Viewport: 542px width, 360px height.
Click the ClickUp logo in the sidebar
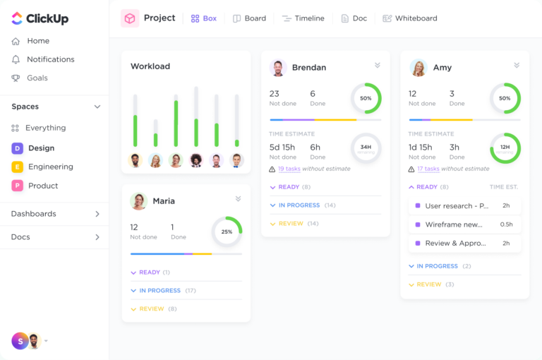pyautogui.click(x=40, y=18)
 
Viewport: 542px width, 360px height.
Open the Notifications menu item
pyautogui.click(x=50, y=59)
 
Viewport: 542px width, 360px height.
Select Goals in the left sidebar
pyautogui.click(x=37, y=78)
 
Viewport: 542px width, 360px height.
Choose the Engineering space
pyautogui.click(x=50, y=167)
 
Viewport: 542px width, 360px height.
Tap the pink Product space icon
pyautogui.click(x=17, y=186)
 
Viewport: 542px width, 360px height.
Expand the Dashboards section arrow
pyautogui.click(x=97, y=214)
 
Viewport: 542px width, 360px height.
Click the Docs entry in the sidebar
pyautogui.click(x=21, y=237)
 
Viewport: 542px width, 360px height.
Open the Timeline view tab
pyautogui.click(x=303, y=18)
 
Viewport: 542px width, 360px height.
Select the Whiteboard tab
pyautogui.click(x=409, y=18)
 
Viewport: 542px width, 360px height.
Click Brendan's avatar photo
pyautogui.click(x=278, y=68)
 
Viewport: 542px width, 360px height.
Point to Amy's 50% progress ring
pyautogui.click(x=505, y=98)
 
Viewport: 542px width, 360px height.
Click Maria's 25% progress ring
pyautogui.click(x=227, y=232)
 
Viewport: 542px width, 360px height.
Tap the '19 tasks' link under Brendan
pyautogui.click(x=289, y=169)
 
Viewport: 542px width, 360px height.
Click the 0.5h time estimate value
pyautogui.click(x=506, y=224)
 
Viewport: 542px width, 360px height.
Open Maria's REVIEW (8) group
pyautogui.click(x=153, y=309)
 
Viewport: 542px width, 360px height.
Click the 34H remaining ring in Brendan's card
pyautogui.click(x=366, y=148)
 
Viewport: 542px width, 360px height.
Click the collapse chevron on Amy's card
pyautogui.click(x=517, y=66)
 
